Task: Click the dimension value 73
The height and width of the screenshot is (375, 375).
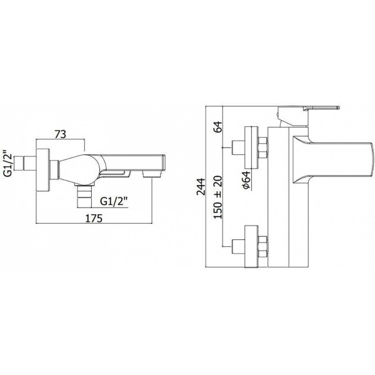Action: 60,134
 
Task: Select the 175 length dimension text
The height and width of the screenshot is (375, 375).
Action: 94,218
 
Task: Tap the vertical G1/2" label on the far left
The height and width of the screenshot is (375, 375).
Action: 8,161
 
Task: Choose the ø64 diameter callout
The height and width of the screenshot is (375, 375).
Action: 246,181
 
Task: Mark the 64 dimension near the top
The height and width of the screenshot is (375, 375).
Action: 218,127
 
